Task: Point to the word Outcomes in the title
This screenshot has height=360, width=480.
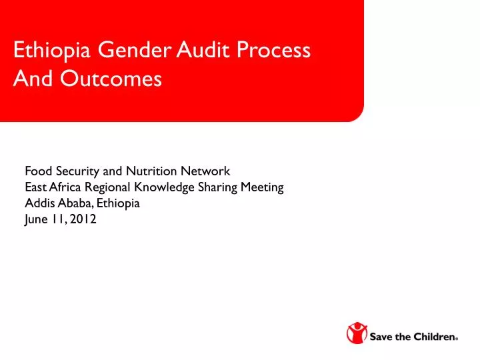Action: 110,79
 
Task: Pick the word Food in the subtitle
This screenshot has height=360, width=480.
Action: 37,171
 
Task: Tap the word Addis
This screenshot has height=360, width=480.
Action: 37,205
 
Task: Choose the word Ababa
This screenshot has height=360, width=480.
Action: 71,205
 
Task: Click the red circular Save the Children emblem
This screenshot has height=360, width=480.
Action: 357,334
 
